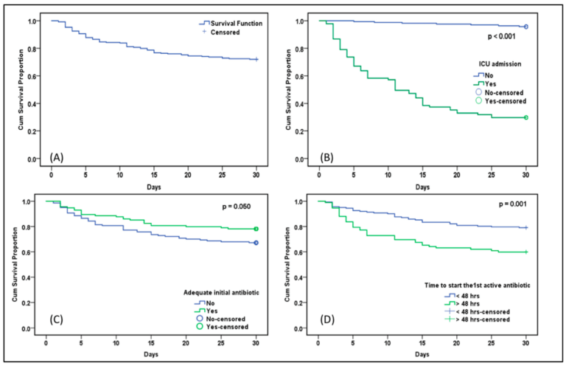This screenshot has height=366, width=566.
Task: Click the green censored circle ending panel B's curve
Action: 525,117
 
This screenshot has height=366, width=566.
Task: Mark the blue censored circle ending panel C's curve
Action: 256,243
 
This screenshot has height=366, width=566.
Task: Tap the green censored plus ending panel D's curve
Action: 525,252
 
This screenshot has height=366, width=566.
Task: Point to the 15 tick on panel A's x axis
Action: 153,169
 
